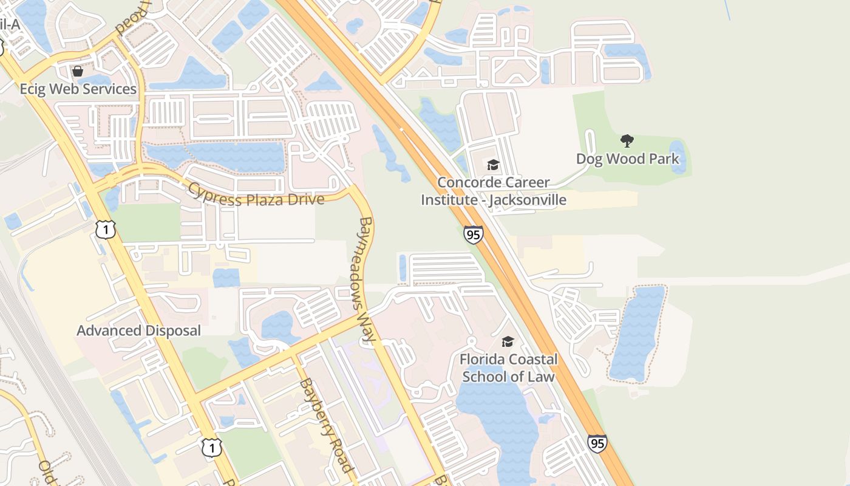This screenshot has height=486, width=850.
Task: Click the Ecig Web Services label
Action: click(x=78, y=89)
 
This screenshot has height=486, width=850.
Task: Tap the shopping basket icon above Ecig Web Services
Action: click(x=78, y=71)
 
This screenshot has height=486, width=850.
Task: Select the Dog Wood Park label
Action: click(x=627, y=159)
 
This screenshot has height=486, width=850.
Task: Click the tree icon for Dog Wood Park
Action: click(x=627, y=142)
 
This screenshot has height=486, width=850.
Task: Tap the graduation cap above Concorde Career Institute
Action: click(x=493, y=165)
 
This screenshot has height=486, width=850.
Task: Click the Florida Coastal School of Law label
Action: click(x=508, y=368)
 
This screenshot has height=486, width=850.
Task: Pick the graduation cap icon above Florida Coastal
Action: click(x=508, y=342)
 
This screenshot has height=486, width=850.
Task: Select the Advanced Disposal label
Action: click(x=138, y=331)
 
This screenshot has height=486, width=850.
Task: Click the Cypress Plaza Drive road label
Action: click(x=255, y=194)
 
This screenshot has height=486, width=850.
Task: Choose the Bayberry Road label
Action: click(x=325, y=425)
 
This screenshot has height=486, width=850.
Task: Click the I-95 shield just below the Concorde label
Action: click(x=474, y=234)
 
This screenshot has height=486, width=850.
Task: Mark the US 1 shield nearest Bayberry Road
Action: click(x=211, y=448)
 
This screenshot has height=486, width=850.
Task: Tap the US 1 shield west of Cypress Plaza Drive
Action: click(x=106, y=229)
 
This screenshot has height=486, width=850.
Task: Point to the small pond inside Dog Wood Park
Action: click(x=677, y=156)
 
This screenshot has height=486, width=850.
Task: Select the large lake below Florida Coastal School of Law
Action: click(x=498, y=419)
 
